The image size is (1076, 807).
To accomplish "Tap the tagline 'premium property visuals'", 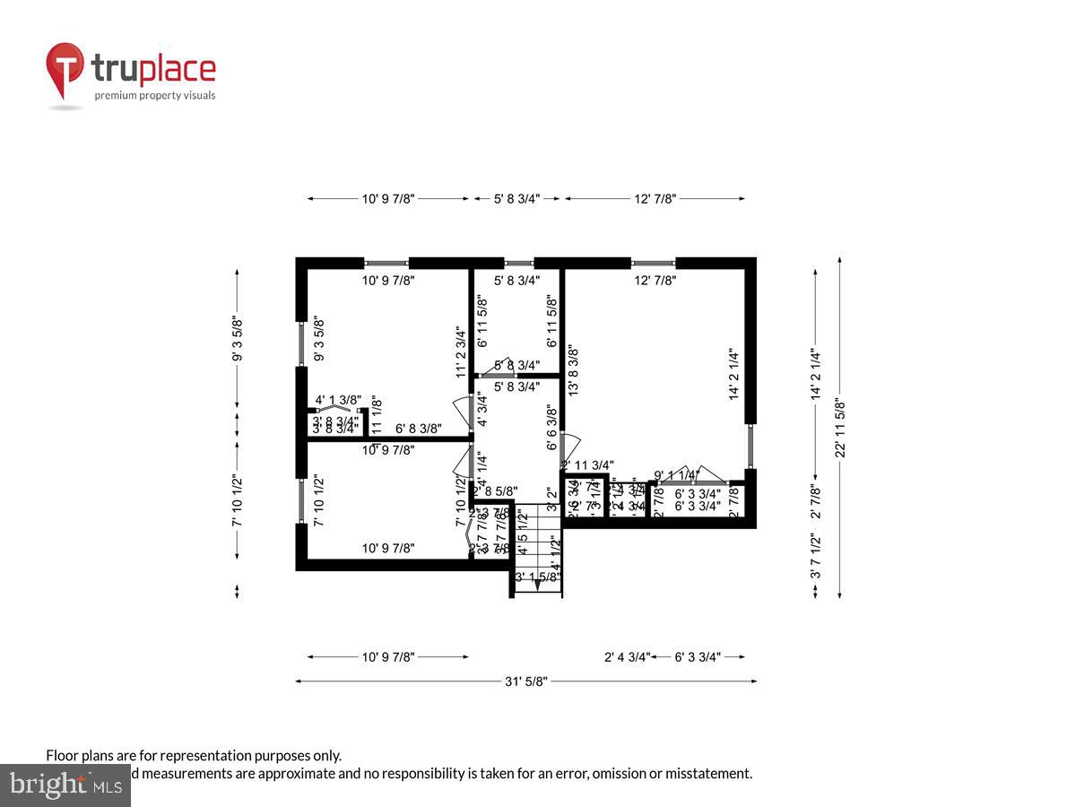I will coord(155,95).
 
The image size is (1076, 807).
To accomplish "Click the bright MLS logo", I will coord(65,785).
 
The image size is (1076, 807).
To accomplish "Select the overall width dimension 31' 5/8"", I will coord(525,681).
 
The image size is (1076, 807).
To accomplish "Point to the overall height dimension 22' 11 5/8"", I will coord(840,428).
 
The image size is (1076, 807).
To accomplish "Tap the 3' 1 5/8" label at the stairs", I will coord(538,577).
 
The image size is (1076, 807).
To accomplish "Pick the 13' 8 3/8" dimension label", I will coord(573,371).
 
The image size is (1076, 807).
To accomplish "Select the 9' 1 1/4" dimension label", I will coord(676,475).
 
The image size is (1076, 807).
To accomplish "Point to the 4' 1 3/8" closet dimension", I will coord(338,400).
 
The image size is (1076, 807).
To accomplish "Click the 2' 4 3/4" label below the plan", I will coord(626,657).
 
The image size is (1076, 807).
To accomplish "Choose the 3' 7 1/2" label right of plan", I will coord(815,560).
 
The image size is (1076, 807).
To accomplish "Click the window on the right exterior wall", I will coord(751,447).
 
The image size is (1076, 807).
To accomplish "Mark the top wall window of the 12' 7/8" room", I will coord(653,264).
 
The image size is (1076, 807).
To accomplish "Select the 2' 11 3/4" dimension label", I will coord(587,464).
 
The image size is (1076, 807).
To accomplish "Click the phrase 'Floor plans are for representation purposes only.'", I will coord(194,756).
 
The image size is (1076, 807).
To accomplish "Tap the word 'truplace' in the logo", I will coord(153,70).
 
